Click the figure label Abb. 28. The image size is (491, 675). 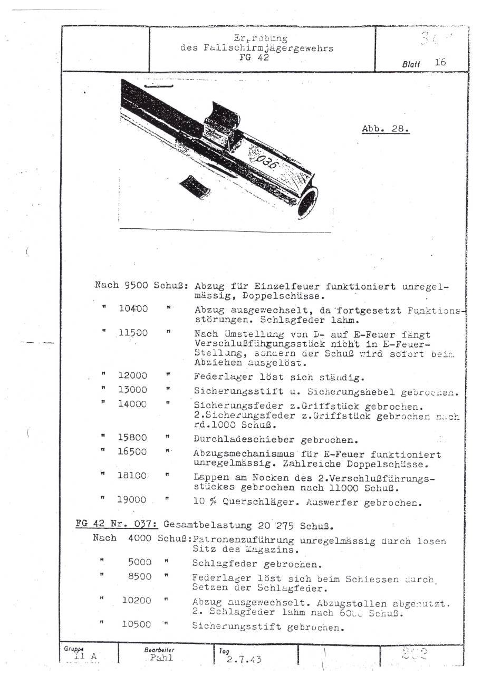pos(386,129)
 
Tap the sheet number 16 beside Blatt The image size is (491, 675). pos(440,62)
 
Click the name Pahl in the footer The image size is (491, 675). pos(161,658)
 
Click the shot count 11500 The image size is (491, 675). pos(133,333)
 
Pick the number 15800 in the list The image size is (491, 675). pos(132,438)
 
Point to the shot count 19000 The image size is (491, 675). pos(132,500)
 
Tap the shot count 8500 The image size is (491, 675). pos(139,577)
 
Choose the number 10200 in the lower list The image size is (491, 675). pos(136,600)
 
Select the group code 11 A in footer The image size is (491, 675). pos(85,657)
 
